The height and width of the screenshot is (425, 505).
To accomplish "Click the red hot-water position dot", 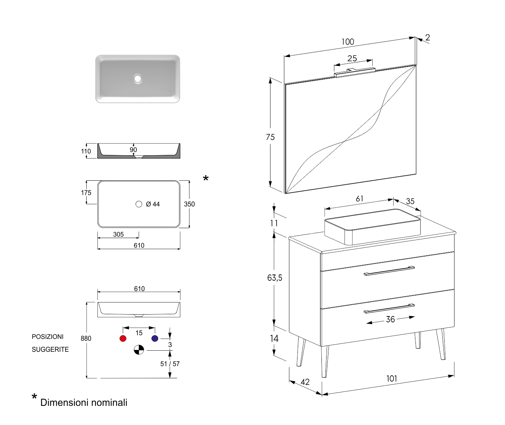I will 123,338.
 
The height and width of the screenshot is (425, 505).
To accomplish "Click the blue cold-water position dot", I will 155,338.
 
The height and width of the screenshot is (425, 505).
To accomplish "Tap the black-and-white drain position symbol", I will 139,350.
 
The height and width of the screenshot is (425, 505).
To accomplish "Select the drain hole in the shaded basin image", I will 138,78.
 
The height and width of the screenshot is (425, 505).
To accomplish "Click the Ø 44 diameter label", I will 153,204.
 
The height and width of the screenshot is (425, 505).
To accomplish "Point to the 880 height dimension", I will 86,339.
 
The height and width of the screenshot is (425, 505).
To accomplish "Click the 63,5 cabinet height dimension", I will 275,278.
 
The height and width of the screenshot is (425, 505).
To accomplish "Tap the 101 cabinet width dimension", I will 391,379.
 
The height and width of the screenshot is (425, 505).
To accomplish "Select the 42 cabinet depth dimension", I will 305,382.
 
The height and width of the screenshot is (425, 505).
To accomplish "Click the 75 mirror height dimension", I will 270,137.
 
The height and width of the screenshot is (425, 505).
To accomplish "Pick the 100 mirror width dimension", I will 348,42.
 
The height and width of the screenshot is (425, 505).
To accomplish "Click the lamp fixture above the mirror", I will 355,72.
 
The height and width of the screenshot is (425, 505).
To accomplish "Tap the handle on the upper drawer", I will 389,271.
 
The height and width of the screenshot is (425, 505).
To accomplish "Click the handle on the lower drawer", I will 389,308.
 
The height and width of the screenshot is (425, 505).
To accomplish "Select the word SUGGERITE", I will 50,350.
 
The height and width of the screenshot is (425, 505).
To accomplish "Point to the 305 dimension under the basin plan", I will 118,234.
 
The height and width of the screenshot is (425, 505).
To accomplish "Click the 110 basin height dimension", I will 86,151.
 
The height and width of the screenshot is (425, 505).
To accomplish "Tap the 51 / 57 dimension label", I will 170,364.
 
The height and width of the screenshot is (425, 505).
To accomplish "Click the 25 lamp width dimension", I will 352,59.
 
